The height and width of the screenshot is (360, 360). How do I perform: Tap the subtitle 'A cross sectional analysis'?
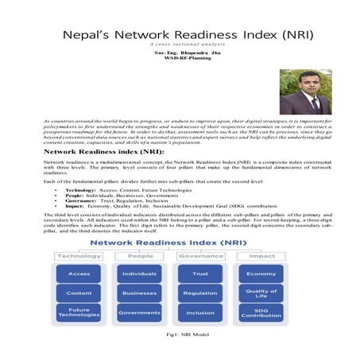click(x=179, y=45)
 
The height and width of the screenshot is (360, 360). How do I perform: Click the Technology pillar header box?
click(x=79, y=256)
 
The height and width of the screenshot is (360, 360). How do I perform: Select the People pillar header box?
click(x=139, y=256)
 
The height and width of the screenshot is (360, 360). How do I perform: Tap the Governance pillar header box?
click(x=200, y=256)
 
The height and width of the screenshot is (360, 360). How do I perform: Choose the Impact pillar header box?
click(x=261, y=256)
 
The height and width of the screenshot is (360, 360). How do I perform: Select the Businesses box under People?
click(x=139, y=292)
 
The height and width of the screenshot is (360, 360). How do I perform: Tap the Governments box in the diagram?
click(x=139, y=312)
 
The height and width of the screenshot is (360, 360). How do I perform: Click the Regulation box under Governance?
click(x=200, y=292)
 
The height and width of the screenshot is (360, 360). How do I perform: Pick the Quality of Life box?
click(x=261, y=292)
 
